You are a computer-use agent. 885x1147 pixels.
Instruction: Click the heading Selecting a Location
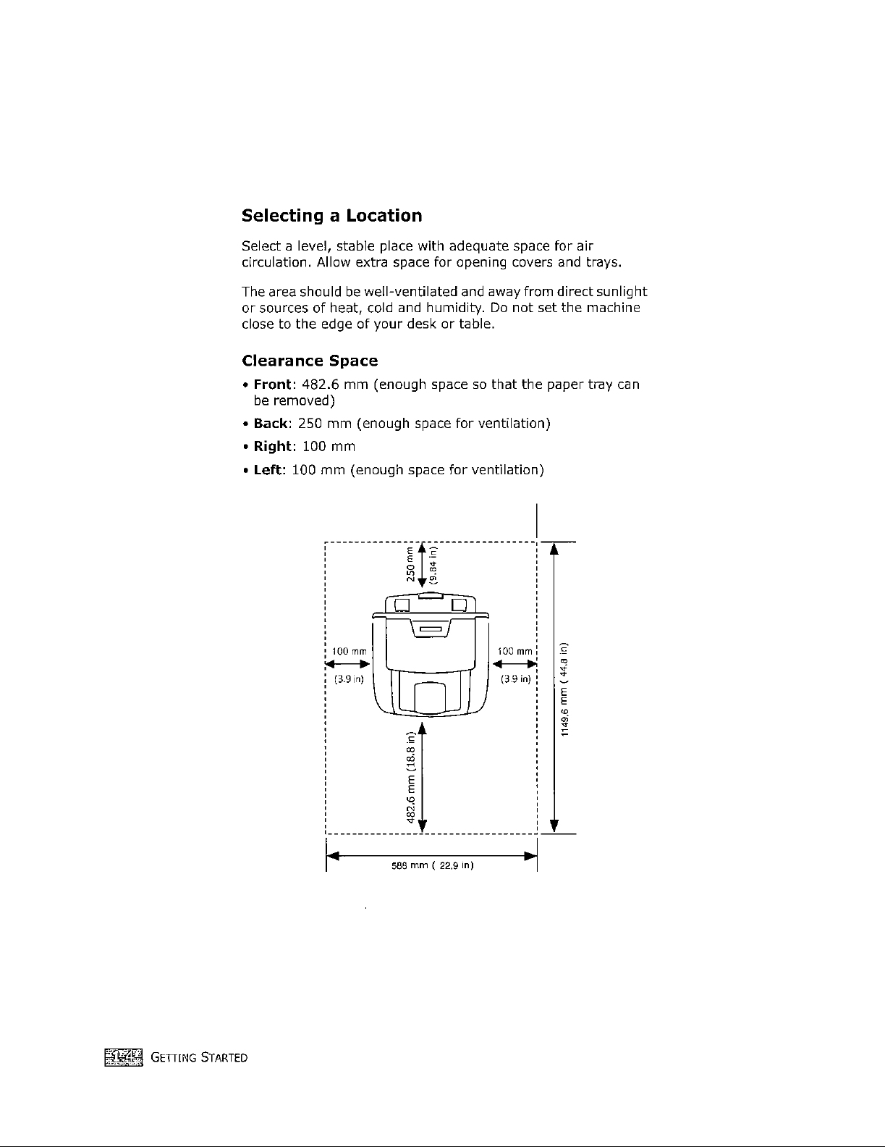[331, 216]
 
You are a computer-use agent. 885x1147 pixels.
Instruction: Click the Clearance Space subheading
[309, 361]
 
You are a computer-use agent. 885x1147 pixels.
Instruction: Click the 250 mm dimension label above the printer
[410, 565]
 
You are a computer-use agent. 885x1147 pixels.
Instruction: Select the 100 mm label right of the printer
[515, 652]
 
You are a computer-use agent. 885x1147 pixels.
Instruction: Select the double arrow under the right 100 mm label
[515, 664]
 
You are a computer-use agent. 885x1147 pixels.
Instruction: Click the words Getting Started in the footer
[200, 1059]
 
